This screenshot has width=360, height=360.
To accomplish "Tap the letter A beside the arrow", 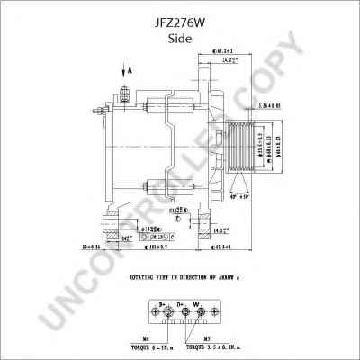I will point(130,69).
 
